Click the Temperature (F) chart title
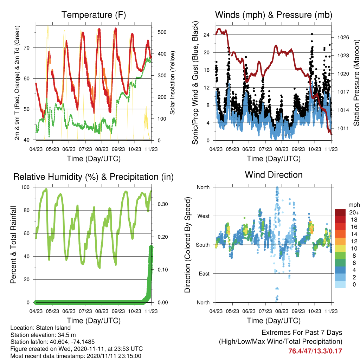(x=94, y=15)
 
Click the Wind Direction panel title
(x=274, y=175)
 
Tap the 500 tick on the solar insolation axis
(x=162, y=32)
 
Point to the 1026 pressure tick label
(x=343, y=37)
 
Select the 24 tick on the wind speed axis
(x=206, y=35)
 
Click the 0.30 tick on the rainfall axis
(x=163, y=204)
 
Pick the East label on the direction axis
(x=204, y=274)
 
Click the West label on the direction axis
(x=204, y=216)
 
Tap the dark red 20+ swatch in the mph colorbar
(x=340, y=212)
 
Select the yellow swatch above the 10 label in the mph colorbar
(x=340, y=248)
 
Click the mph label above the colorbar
(x=354, y=205)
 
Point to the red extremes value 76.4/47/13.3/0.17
(x=315, y=351)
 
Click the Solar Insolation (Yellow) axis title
(x=172, y=83)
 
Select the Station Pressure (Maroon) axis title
(x=356, y=83)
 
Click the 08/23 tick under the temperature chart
(x=102, y=149)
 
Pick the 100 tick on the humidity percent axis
(x=25, y=187)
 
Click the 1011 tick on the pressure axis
(x=343, y=128)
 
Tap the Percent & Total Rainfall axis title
(x=13, y=245)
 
